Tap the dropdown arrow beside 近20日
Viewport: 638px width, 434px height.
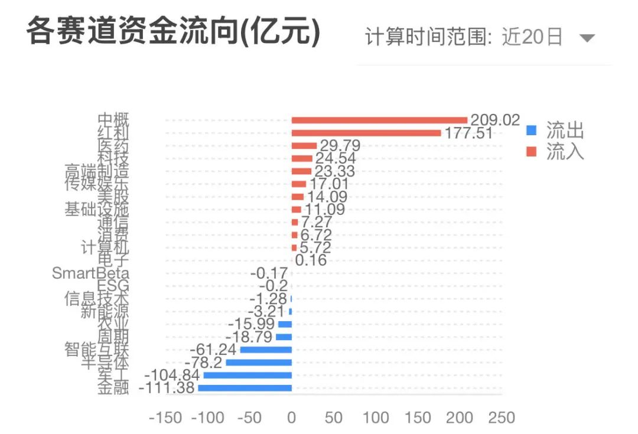[x=586, y=39]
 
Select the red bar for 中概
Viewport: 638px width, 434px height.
[x=379, y=120]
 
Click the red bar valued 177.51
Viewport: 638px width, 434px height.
[x=366, y=133]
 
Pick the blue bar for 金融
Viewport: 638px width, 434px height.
[x=245, y=388]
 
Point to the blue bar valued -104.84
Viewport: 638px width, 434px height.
[x=248, y=375]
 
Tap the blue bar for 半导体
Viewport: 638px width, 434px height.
[x=259, y=363]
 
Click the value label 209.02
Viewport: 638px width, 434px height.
[x=494, y=120]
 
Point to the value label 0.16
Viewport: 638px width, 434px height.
[x=311, y=260]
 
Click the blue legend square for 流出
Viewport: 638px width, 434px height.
[x=532, y=130]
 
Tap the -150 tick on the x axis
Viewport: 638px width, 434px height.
[x=165, y=418]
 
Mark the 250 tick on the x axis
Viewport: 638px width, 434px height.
[x=502, y=418]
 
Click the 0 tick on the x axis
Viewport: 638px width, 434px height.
[x=292, y=418]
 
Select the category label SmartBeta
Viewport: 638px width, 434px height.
[x=90, y=273]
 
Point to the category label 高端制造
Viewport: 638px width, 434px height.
[x=96, y=171]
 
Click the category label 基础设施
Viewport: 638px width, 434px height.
[x=96, y=209]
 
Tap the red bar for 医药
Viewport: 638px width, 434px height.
[x=304, y=145]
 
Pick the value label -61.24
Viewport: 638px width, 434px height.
[x=213, y=350]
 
